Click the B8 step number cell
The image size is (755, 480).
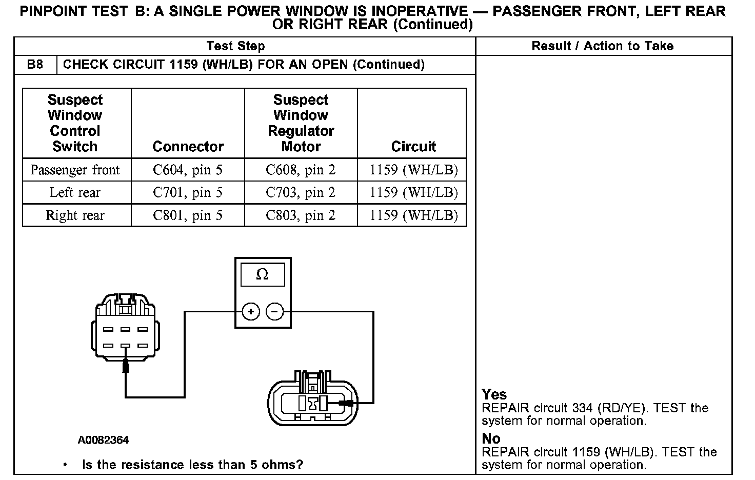[x=35, y=65]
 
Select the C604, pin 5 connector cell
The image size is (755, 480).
[x=188, y=170]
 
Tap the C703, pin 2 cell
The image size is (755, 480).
[x=301, y=192]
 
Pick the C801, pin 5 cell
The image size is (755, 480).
[x=188, y=215]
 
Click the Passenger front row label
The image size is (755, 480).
[x=75, y=170]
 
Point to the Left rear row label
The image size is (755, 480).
[x=75, y=192]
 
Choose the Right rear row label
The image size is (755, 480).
[x=75, y=215]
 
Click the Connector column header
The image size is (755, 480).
[x=188, y=147]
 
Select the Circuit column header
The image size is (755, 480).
[x=413, y=147]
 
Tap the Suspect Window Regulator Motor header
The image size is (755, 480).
[x=301, y=123]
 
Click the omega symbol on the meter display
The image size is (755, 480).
[x=262, y=275]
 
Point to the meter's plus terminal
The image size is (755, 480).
[x=250, y=311]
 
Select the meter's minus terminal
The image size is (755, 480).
[x=275, y=311]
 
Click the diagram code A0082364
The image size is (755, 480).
[x=103, y=440]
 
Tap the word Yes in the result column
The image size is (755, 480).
[x=494, y=394]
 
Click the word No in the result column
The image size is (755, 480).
[x=491, y=438]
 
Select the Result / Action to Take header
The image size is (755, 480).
[x=602, y=46]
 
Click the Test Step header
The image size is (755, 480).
[x=235, y=46]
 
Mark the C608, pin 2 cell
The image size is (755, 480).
[x=301, y=170]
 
